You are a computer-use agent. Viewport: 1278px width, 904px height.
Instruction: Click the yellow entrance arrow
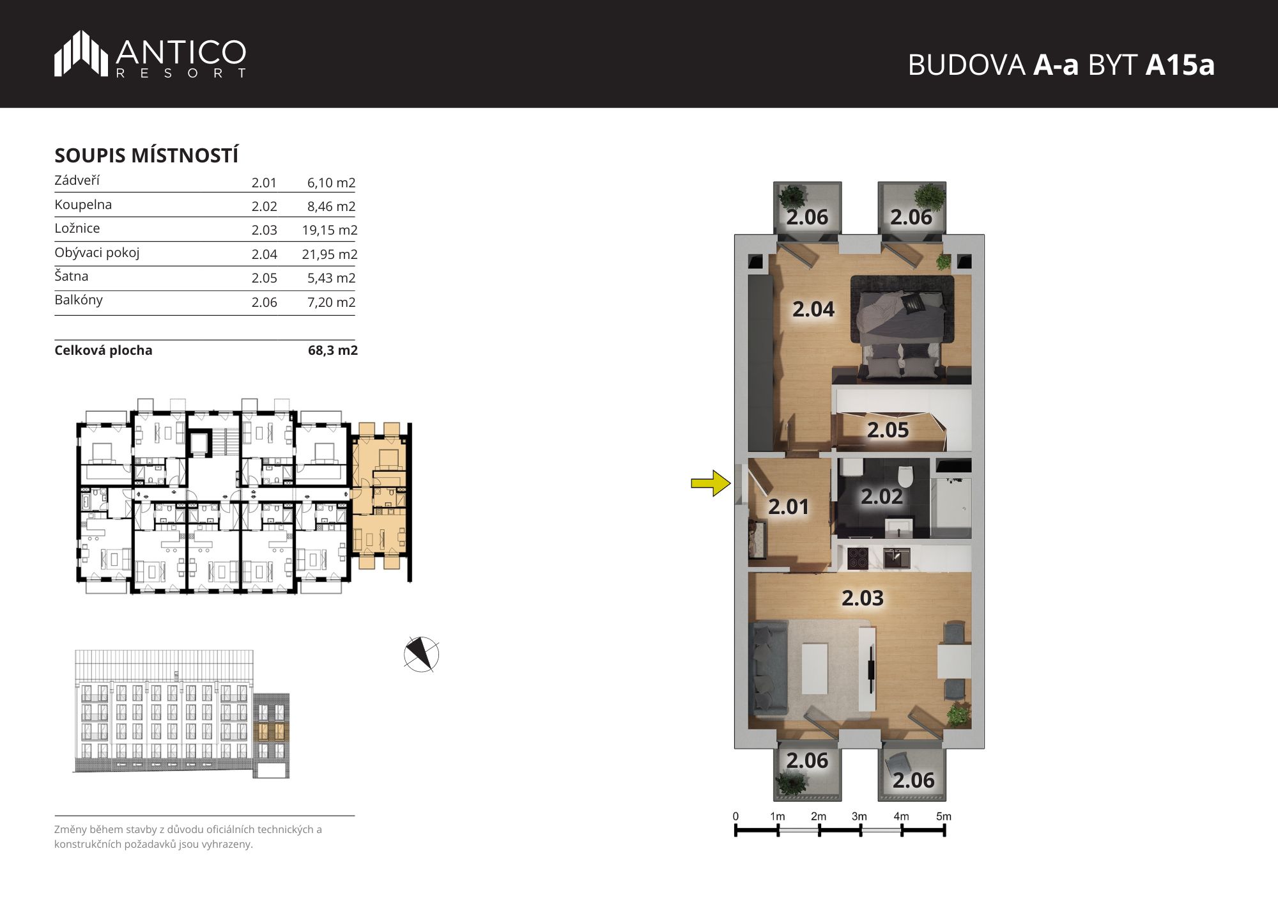pos(711,483)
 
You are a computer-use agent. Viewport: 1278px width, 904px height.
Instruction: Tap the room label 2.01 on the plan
pos(789,507)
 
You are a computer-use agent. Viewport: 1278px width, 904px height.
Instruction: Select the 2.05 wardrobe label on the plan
pos(888,430)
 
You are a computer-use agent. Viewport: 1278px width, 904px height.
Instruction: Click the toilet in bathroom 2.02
pos(905,476)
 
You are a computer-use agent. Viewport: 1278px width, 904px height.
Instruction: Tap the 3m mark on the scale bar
pos(859,816)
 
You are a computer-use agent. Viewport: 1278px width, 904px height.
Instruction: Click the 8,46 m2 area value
pos(331,207)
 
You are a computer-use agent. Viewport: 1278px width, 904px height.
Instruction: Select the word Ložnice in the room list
pos(77,228)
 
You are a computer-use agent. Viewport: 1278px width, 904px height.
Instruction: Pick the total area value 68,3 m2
pos(332,350)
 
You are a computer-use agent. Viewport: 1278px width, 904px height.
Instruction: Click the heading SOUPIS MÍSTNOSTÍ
pos(146,155)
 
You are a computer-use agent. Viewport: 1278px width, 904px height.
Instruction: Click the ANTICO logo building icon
pos(81,53)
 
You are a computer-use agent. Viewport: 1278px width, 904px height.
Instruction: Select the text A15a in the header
pos(1180,65)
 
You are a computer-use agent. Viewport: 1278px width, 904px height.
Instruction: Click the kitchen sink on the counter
pos(897,558)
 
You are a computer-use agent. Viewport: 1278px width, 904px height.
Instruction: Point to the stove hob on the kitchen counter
pos(858,559)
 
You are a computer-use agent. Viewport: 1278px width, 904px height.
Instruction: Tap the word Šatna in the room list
pos(72,276)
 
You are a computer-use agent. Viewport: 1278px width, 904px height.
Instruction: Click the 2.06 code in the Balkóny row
pos(264,302)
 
